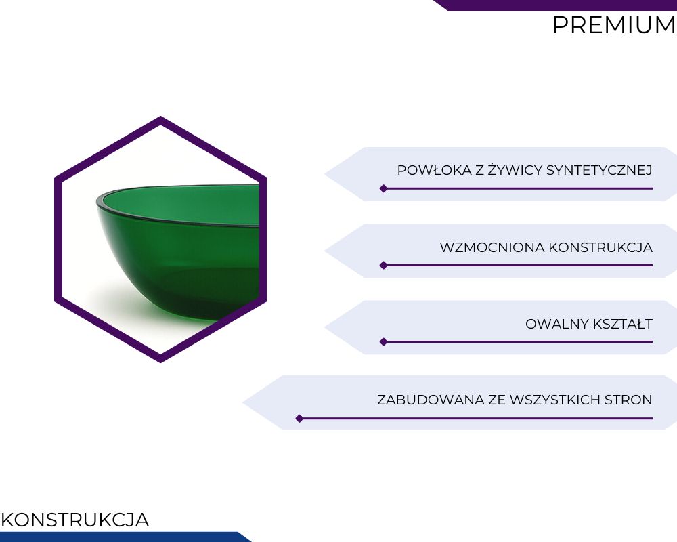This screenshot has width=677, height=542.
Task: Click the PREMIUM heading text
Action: coord(614,25)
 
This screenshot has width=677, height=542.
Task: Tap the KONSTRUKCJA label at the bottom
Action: coord(74,520)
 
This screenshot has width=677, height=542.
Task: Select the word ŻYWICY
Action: coord(515,169)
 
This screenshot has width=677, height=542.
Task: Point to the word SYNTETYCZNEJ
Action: coord(599,170)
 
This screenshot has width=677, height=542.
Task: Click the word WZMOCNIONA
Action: coord(492,247)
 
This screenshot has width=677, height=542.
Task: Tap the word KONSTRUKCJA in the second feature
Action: coord(600,247)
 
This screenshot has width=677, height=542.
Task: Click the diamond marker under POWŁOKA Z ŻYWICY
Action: coord(383,188)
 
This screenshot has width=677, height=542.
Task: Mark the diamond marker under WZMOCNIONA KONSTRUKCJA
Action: coord(383,266)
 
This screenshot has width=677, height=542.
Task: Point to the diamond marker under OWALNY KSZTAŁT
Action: coord(383,342)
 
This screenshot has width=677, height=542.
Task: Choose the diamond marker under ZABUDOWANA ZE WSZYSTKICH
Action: coord(299,419)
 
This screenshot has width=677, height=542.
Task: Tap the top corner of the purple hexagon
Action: coord(160,117)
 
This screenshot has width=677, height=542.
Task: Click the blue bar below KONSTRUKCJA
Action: coord(123,537)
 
